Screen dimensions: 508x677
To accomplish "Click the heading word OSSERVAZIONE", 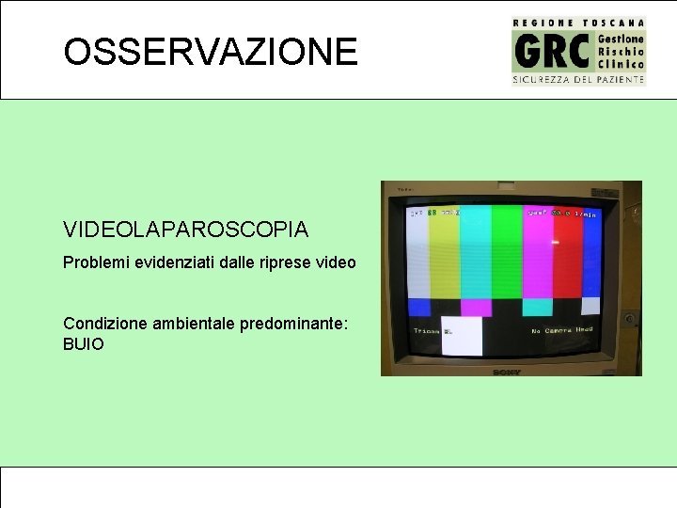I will point(211,52).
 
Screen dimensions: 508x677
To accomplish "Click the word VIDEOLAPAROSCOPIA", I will point(185,230).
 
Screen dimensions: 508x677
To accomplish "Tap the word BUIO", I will point(84,344).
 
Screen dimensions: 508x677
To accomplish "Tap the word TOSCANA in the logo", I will point(615,23).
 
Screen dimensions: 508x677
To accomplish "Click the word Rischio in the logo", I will point(621,51).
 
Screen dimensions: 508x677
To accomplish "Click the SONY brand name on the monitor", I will point(507,372).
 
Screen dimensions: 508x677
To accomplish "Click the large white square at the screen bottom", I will point(461,335).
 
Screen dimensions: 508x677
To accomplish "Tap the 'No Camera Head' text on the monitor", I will point(561,330).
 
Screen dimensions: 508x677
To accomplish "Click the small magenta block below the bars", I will point(476,308).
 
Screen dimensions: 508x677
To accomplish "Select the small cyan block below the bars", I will point(537,307).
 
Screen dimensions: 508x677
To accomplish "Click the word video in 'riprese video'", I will point(337,262).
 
